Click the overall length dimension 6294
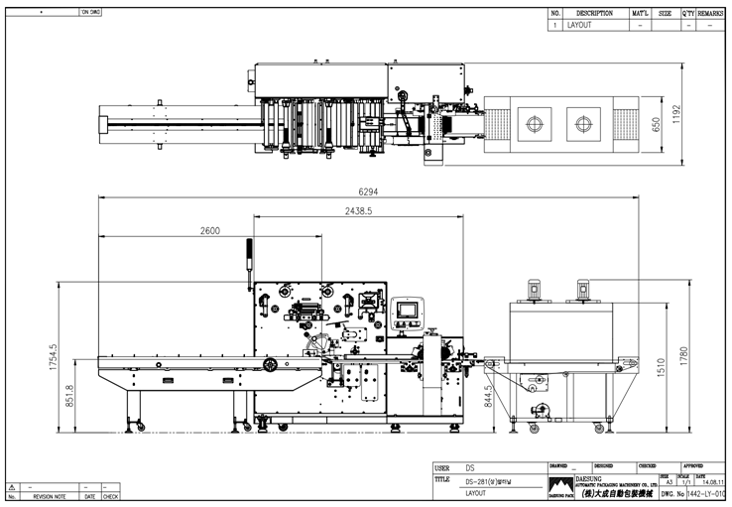pos(369,191)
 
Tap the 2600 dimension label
pos(209,230)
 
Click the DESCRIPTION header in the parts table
pos(594,14)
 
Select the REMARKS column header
pos(710,14)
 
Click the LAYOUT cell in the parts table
pos(579,25)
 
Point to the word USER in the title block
pos(441,466)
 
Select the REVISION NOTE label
pos(51,496)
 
